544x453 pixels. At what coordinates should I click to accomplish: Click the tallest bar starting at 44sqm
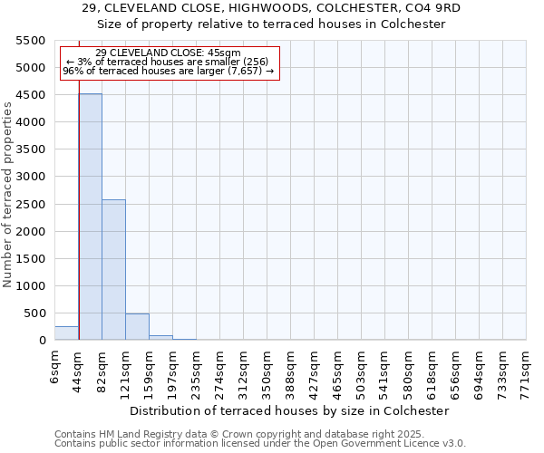90,217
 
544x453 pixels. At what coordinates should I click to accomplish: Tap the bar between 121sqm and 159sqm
137,327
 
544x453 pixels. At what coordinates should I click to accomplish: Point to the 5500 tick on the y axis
31,41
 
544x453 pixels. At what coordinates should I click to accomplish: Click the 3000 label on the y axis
31,177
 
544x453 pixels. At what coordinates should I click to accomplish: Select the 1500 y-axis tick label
31,259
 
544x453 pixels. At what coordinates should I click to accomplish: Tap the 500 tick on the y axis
34,313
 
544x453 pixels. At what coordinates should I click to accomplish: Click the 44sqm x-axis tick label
79,369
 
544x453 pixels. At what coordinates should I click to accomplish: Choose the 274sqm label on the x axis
220,371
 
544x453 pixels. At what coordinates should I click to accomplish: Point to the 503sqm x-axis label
362,371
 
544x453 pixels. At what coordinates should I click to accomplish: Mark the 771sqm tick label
527,371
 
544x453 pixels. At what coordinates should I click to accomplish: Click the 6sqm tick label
55,366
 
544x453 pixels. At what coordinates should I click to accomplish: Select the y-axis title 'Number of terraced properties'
8,194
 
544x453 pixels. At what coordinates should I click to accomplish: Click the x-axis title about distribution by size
290,410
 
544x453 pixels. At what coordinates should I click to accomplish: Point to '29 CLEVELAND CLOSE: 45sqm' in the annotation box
168,53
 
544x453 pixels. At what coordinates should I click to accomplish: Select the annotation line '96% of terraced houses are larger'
168,71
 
